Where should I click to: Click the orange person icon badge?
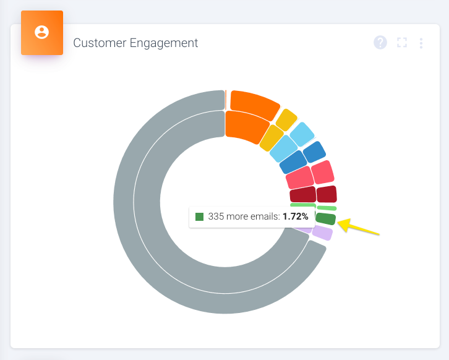(x=42, y=33)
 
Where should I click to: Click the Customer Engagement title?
(x=135, y=43)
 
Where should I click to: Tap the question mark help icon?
(x=380, y=43)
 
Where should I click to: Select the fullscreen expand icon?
(x=402, y=43)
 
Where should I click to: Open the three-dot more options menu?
(x=421, y=43)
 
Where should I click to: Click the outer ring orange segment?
(x=254, y=103)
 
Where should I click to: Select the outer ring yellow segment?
(x=286, y=120)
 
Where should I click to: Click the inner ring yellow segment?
(x=271, y=137)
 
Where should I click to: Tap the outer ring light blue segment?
(x=302, y=134)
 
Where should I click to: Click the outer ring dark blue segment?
(x=314, y=152)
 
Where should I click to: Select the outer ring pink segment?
(x=322, y=173)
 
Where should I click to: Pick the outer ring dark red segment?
(x=326, y=194)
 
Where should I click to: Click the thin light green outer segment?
(x=326, y=208)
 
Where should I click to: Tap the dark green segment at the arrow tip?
(x=325, y=219)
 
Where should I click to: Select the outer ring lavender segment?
(x=322, y=233)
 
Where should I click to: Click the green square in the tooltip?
(x=199, y=217)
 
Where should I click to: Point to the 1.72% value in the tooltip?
(x=296, y=217)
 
